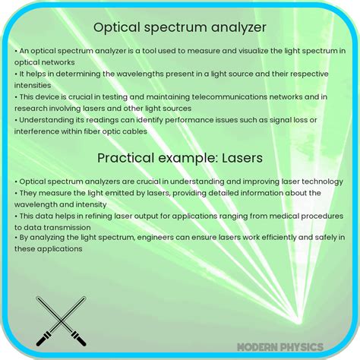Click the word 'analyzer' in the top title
(x=239, y=28)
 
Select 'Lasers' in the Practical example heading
(x=237, y=157)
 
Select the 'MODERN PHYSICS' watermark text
(x=279, y=346)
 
